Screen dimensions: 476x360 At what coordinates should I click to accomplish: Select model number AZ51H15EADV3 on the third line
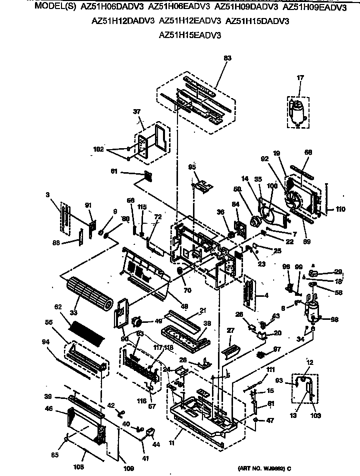189,35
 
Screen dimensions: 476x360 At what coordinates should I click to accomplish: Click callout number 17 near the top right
300,78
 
